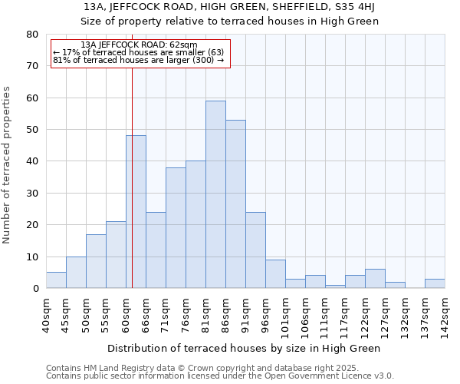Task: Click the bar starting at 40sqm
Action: tap(56, 280)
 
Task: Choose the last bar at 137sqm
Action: tap(435, 283)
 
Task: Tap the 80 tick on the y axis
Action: tap(32, 35)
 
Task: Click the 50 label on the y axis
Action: tap(32, 130)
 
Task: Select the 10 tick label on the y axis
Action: tap(32, 257)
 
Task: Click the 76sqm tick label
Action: tap(186, 315)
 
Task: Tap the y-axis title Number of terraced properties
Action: tap(7, 165)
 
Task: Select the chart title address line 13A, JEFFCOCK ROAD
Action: tap(230, 7)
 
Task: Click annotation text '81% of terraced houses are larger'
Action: tap(138, 60)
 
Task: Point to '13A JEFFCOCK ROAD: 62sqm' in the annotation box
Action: tap(138, 45)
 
